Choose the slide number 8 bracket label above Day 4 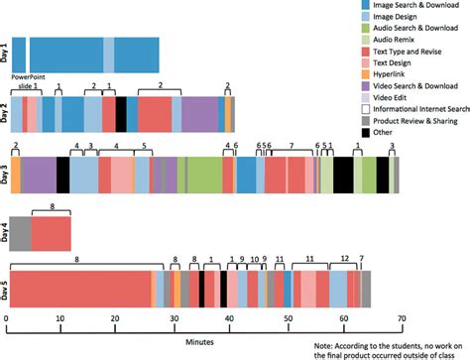pos(51,205)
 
